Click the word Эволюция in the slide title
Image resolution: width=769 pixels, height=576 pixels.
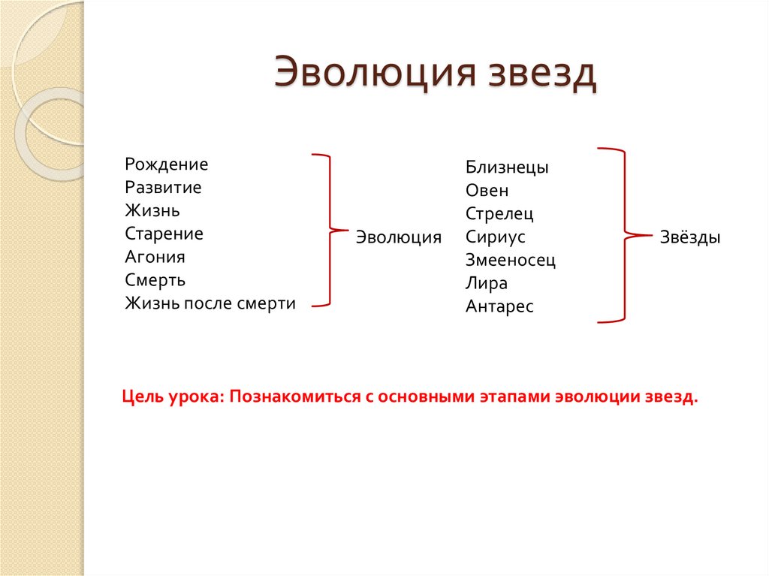click(374, 75)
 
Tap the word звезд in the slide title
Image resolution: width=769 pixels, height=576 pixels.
click(543, 75)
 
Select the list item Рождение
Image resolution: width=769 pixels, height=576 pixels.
click(167, 164)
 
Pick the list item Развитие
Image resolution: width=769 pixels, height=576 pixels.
click(163, 188)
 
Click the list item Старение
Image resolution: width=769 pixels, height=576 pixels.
click(164, 234)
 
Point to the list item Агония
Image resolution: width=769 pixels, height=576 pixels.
click(155, 257)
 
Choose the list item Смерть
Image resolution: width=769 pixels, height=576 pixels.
click(155, 280)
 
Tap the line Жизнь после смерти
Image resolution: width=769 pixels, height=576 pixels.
click(210, 303)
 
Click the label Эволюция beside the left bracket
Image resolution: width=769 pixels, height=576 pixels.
click(398, 237)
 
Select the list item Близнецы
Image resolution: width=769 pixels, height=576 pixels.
click(507, 167)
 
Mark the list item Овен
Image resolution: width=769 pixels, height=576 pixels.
click(487, 191)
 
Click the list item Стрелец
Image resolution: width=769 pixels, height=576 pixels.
click(499, 214)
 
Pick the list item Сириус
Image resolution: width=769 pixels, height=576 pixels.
click(495, 237)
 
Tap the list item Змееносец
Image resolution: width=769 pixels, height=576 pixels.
click(511, 261)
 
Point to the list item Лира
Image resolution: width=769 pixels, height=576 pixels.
click(487, 284)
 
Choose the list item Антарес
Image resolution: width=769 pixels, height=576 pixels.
click(499, 307)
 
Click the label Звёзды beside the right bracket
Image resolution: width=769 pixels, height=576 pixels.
click(690, 237)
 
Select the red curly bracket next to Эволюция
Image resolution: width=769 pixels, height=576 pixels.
click(327, 230)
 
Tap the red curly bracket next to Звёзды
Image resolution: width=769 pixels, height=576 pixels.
click(623, 236)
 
